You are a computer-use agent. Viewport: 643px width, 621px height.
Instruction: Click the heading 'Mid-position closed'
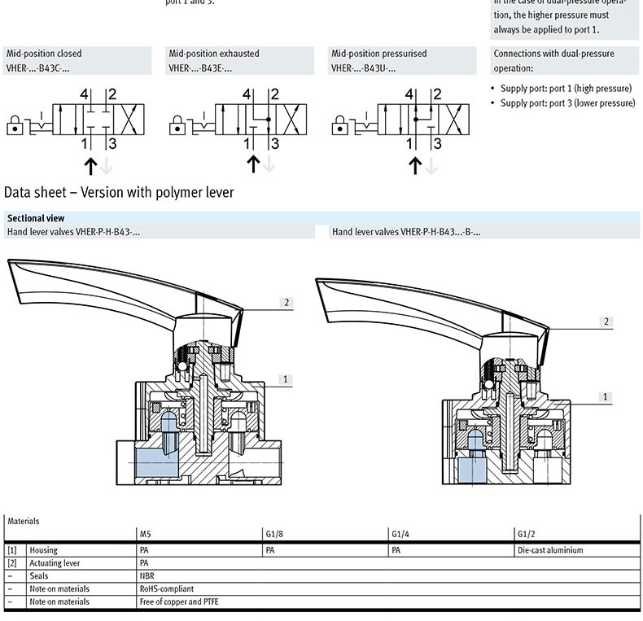pos(44,54)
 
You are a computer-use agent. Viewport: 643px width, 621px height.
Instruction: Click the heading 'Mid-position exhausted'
pos(214,54)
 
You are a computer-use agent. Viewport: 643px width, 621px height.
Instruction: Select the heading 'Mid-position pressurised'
pos(378,54)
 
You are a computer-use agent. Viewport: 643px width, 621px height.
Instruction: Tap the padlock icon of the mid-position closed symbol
pos(14,125)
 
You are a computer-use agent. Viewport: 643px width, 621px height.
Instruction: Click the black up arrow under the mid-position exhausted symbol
pos(253,164)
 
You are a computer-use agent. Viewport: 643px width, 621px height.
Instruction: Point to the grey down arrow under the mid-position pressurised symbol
pos(431,165)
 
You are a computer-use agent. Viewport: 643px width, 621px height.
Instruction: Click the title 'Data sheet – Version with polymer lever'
pos(119,193)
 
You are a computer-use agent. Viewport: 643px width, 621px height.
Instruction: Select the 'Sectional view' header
pos(36,218)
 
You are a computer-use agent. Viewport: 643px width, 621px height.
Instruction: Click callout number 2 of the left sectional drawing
pos(287,303)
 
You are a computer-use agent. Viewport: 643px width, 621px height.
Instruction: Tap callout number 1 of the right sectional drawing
pos(606,397)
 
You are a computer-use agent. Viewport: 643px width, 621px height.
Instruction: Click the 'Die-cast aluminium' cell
pos(550,550)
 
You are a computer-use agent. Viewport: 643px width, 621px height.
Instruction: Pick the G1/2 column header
pos(526,534)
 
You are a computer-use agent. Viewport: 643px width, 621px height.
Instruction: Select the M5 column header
pos(145,534)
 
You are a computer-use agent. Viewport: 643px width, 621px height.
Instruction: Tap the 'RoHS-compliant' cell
pos(167,588)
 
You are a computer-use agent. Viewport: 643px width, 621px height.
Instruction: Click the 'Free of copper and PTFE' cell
pos(179,602)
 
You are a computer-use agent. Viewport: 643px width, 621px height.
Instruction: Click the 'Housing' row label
pos(44,550)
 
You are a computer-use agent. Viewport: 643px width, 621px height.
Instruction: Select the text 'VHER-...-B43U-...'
pos(363,68)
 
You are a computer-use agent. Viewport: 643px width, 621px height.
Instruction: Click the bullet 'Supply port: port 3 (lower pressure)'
pos(567,103)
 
